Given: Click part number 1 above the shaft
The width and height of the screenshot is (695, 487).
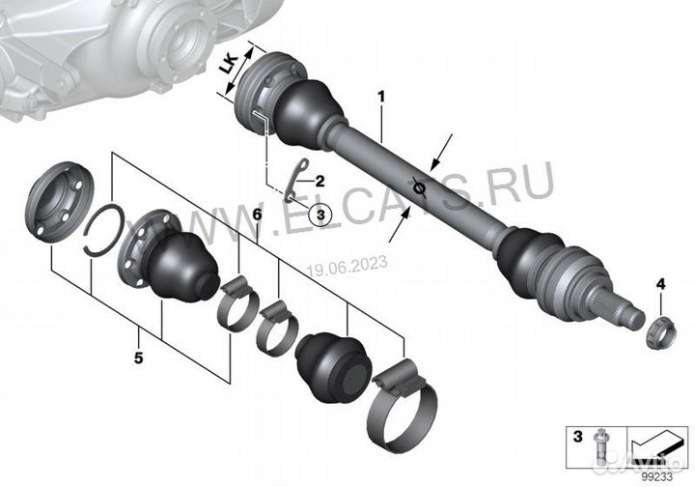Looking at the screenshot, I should (381, 97).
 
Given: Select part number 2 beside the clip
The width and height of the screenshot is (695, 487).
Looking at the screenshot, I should (319, 180).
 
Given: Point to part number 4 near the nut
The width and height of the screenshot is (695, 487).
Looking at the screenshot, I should (660, 283).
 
